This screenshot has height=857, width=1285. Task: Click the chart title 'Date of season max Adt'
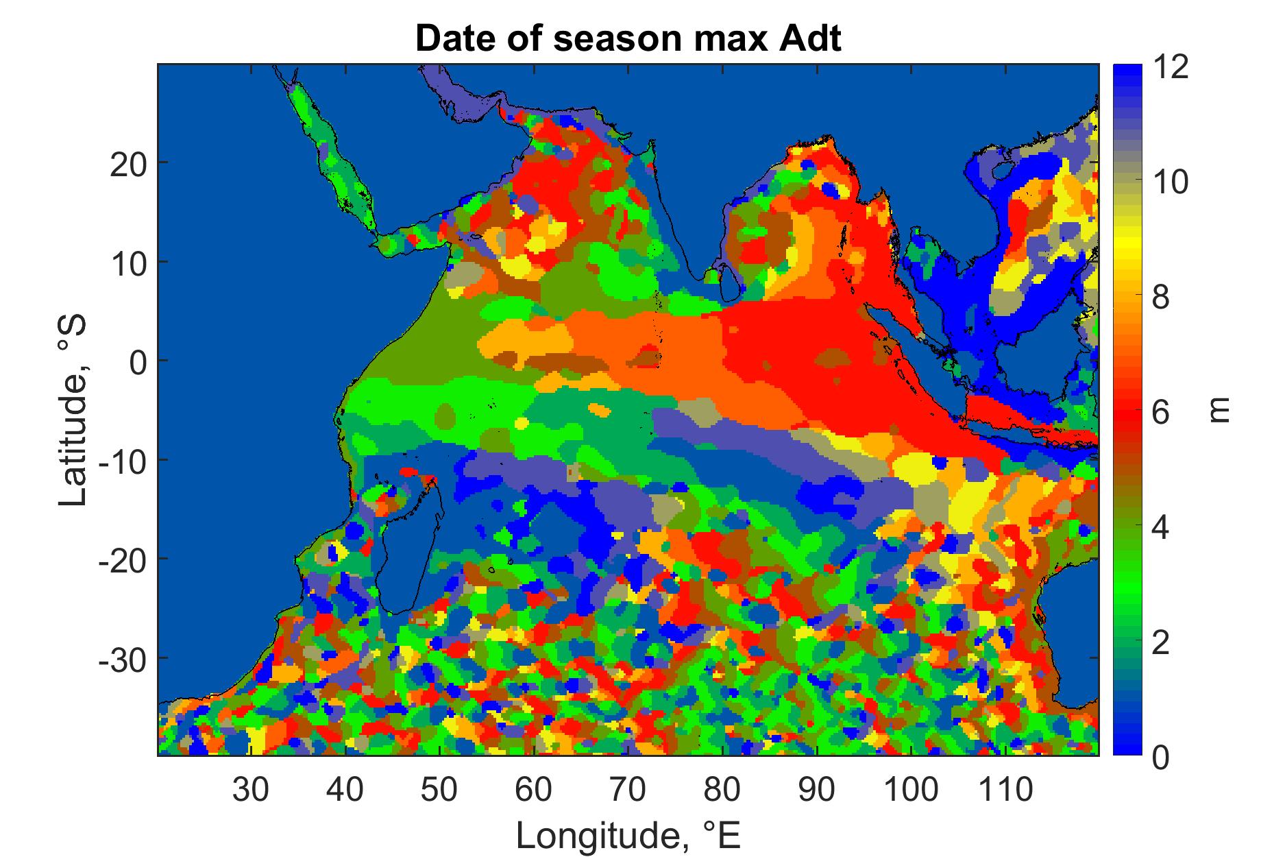click(x=628, y=40)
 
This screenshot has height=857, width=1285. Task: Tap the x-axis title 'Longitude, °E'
click(x=628, y=835)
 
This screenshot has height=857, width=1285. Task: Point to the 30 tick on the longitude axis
click(x=252, y=790)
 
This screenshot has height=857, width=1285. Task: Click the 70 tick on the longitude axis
click(x=628, y=790)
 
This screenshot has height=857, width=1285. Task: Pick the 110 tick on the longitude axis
click(x=1004, y=790)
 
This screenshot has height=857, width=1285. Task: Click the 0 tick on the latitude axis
click(x=139, y=361)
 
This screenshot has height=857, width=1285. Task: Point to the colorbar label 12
click(x=1170, y=69)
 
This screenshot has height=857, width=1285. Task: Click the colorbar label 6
click(x=1160, y=413)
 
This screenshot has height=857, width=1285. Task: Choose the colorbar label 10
click(x=1170, y=183)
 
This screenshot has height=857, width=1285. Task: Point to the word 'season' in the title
click(x=621, y=40)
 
